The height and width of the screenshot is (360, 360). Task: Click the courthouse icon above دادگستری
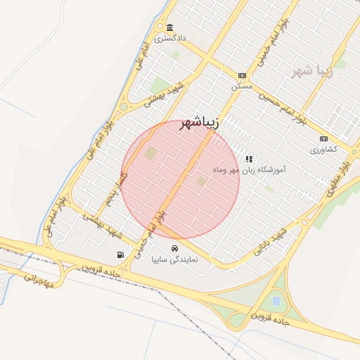coord(169,28)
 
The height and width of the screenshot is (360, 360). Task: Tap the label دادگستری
coord(170,38)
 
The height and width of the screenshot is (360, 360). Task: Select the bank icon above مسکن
coord(242,75)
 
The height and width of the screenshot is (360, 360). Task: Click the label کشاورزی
coord(323,149)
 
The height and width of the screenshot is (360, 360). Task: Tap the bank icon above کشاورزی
coord(323,139)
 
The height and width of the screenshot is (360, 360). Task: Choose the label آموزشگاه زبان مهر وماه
coord(248,169)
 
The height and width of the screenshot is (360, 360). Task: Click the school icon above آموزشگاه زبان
coord(248,159)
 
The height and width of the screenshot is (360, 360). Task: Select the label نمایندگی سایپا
coord(175,259)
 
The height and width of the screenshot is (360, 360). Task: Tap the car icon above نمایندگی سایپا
coord(175,248)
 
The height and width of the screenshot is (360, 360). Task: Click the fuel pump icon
coord(120,255)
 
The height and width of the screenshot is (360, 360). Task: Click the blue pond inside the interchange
coord(276,302)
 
